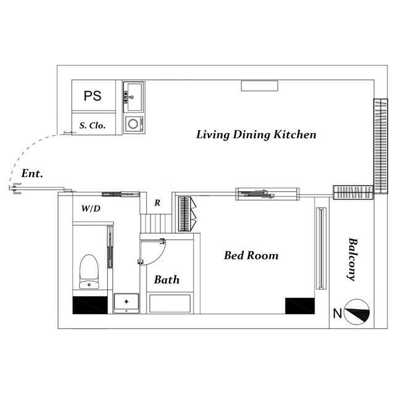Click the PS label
click(93, 96)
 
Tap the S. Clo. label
click(92, 125)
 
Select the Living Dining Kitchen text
click(256, 135)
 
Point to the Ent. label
click(32, 173)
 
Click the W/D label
click(91, 209)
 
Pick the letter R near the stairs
click(157, 202)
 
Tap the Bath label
click(167, 280)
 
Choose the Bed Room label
click(251, 256)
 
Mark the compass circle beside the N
click(357, 312)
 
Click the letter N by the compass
click(338, 314)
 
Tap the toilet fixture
click(89, 272)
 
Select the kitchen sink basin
click(135, 97)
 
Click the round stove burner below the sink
click(133, 123)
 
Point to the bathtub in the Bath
click(170, 304)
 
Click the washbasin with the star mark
click(126, 303)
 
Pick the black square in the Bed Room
click(300, 306)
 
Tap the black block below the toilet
click(90, 305)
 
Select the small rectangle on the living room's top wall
click(259, 86)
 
